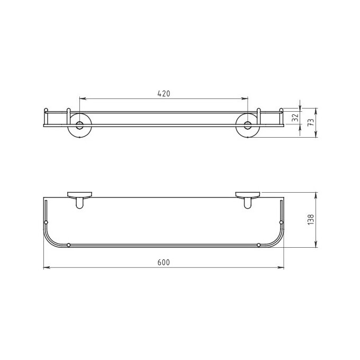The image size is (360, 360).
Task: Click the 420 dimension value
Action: pos(164,94)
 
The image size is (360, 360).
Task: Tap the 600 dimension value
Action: pos(164,262)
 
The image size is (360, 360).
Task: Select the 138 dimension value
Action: pos(311,220)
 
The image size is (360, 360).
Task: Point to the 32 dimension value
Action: pos(296,118)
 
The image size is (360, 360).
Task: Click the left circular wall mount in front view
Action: pos(79,125)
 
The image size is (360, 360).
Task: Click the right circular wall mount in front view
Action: pos(248,125)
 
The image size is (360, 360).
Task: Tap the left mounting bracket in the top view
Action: pos(79,200)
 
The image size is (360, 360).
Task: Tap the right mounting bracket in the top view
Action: pos(248,200)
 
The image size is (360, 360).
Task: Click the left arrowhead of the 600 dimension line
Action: pos(47,267)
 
